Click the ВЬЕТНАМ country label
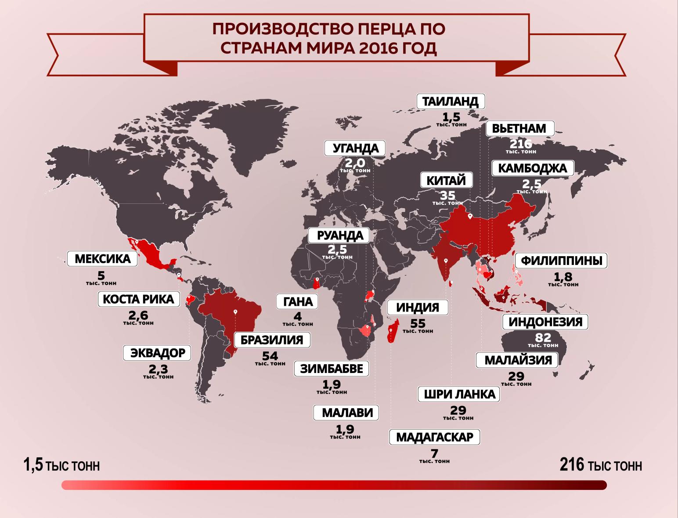click(519, 128)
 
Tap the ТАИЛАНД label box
click(450, 101)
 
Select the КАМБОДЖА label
click(532, 168)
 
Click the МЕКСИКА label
click(103, 259)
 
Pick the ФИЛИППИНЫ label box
click(561, 261)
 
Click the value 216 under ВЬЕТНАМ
click(521, 144)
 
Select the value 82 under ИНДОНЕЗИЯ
click(543, 337)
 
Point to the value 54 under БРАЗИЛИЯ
click(269, 355)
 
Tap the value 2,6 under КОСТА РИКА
click(138, 315)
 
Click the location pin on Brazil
click(235, 312)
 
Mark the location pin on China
click(469, 216)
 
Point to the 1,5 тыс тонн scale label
click(61, 465)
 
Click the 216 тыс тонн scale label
click(601, 465)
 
